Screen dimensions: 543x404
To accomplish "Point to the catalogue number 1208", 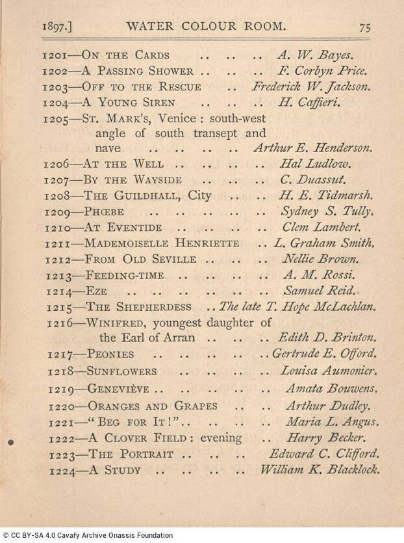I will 58,196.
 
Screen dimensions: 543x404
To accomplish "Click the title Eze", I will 97,290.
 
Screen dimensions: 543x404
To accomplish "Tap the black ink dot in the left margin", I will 10,442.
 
